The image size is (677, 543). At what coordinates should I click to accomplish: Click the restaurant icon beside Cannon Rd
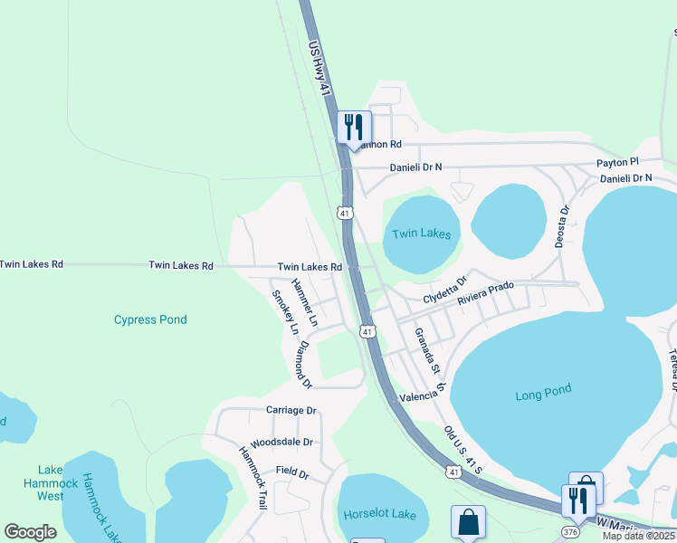click(353, 127)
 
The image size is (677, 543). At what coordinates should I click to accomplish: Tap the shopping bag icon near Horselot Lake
click(468, 522)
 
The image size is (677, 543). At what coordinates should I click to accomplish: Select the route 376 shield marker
click(570, 531)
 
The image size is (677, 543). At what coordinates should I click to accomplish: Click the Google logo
click(31, 532)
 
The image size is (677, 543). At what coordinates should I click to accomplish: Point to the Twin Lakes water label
click(421, 233)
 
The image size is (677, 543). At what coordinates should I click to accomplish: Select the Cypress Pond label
click(150, 319)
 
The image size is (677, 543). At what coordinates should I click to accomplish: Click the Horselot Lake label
click(380, 514)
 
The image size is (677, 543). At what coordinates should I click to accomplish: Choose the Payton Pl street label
click(617, 162)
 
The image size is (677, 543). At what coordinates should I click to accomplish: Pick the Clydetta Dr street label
click(443, 291)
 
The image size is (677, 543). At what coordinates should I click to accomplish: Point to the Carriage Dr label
click(291, 410)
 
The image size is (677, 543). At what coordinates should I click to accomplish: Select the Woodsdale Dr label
click(281, 443)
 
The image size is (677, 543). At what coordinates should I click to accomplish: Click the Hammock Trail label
click(253, 478)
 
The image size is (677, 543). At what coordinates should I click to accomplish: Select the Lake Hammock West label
click(51, 483)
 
